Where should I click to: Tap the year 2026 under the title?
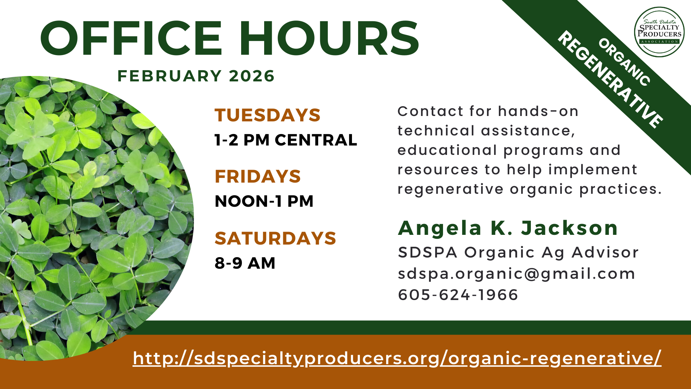pyautogui.click(x=252, y=76)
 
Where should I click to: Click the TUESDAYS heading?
pyautogui.click(x=267, y=115)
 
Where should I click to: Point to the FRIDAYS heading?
pyautogui.click(x=258, y=176)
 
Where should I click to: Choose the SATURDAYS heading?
pyautogui.click(x=275, y=238)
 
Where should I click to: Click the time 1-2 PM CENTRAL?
pyautogui.click(x=286, y=140)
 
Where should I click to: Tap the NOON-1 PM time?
pyautogui.click(x=264, y=201)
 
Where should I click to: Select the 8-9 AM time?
pyautogui.click(x=245, y=263)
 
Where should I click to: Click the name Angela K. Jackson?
pyautogui.click(x=508, y=228)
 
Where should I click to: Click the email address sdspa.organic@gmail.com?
pyautogui.click(x=516, y=274)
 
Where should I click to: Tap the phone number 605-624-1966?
pyautogui.click(x=458, y=295)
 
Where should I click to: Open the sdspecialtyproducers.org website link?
pyautogui.click(x=397, y=358)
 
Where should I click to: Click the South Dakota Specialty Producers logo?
pyautogui.click(x=659, y=32)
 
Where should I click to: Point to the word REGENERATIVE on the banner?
pyautogui.click(x=610, y=80)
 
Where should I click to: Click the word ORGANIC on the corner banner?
pyautogui.click(x=624, y=62)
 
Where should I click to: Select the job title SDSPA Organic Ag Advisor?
pyautogui.click(x=518, y=252)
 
